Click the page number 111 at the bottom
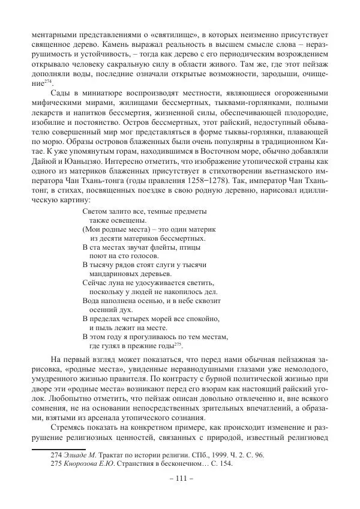[180, 486]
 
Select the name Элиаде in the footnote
[79, 454]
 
